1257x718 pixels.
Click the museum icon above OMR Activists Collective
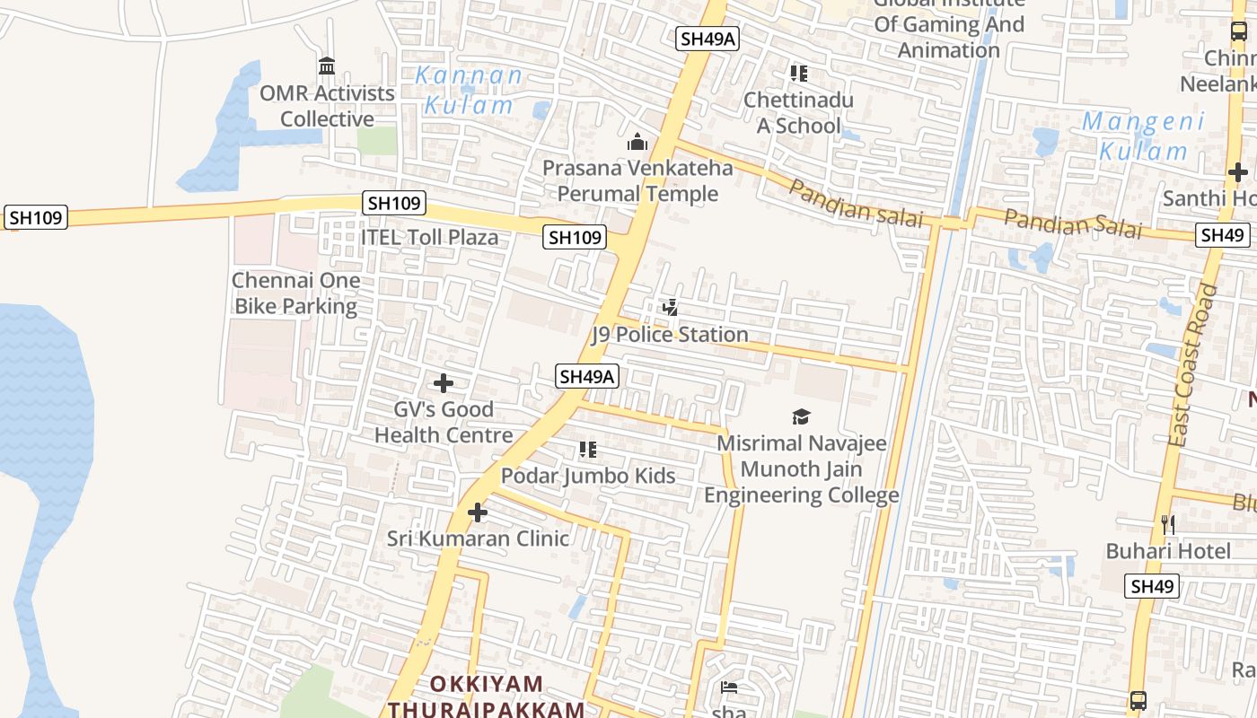point(327,66)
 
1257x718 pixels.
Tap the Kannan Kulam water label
point(470,90)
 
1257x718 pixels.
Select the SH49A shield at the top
point(708,39)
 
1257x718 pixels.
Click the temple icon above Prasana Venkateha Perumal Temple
point(637,142)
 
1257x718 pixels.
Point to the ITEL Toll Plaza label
point(429,238)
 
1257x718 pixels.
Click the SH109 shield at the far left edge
point(36,217)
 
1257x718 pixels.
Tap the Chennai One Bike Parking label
point(296,293)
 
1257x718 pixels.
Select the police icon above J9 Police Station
point(670,308)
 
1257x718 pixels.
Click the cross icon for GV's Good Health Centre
point(443,383)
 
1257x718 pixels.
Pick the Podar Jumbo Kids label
point(588,476)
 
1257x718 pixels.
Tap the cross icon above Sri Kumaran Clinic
point(478,512)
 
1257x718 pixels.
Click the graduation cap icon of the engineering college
point(801,416)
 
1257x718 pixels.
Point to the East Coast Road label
point(1194,365)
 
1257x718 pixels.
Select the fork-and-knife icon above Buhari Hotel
point(1168,524)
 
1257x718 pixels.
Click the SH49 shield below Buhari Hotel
point(1153,586)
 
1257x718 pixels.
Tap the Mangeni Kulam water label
point(1142,136)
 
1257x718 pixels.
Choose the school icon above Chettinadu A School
point(798,74)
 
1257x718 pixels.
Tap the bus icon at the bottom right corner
point(1138,700)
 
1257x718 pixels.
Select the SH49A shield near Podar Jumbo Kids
point(587,376)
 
